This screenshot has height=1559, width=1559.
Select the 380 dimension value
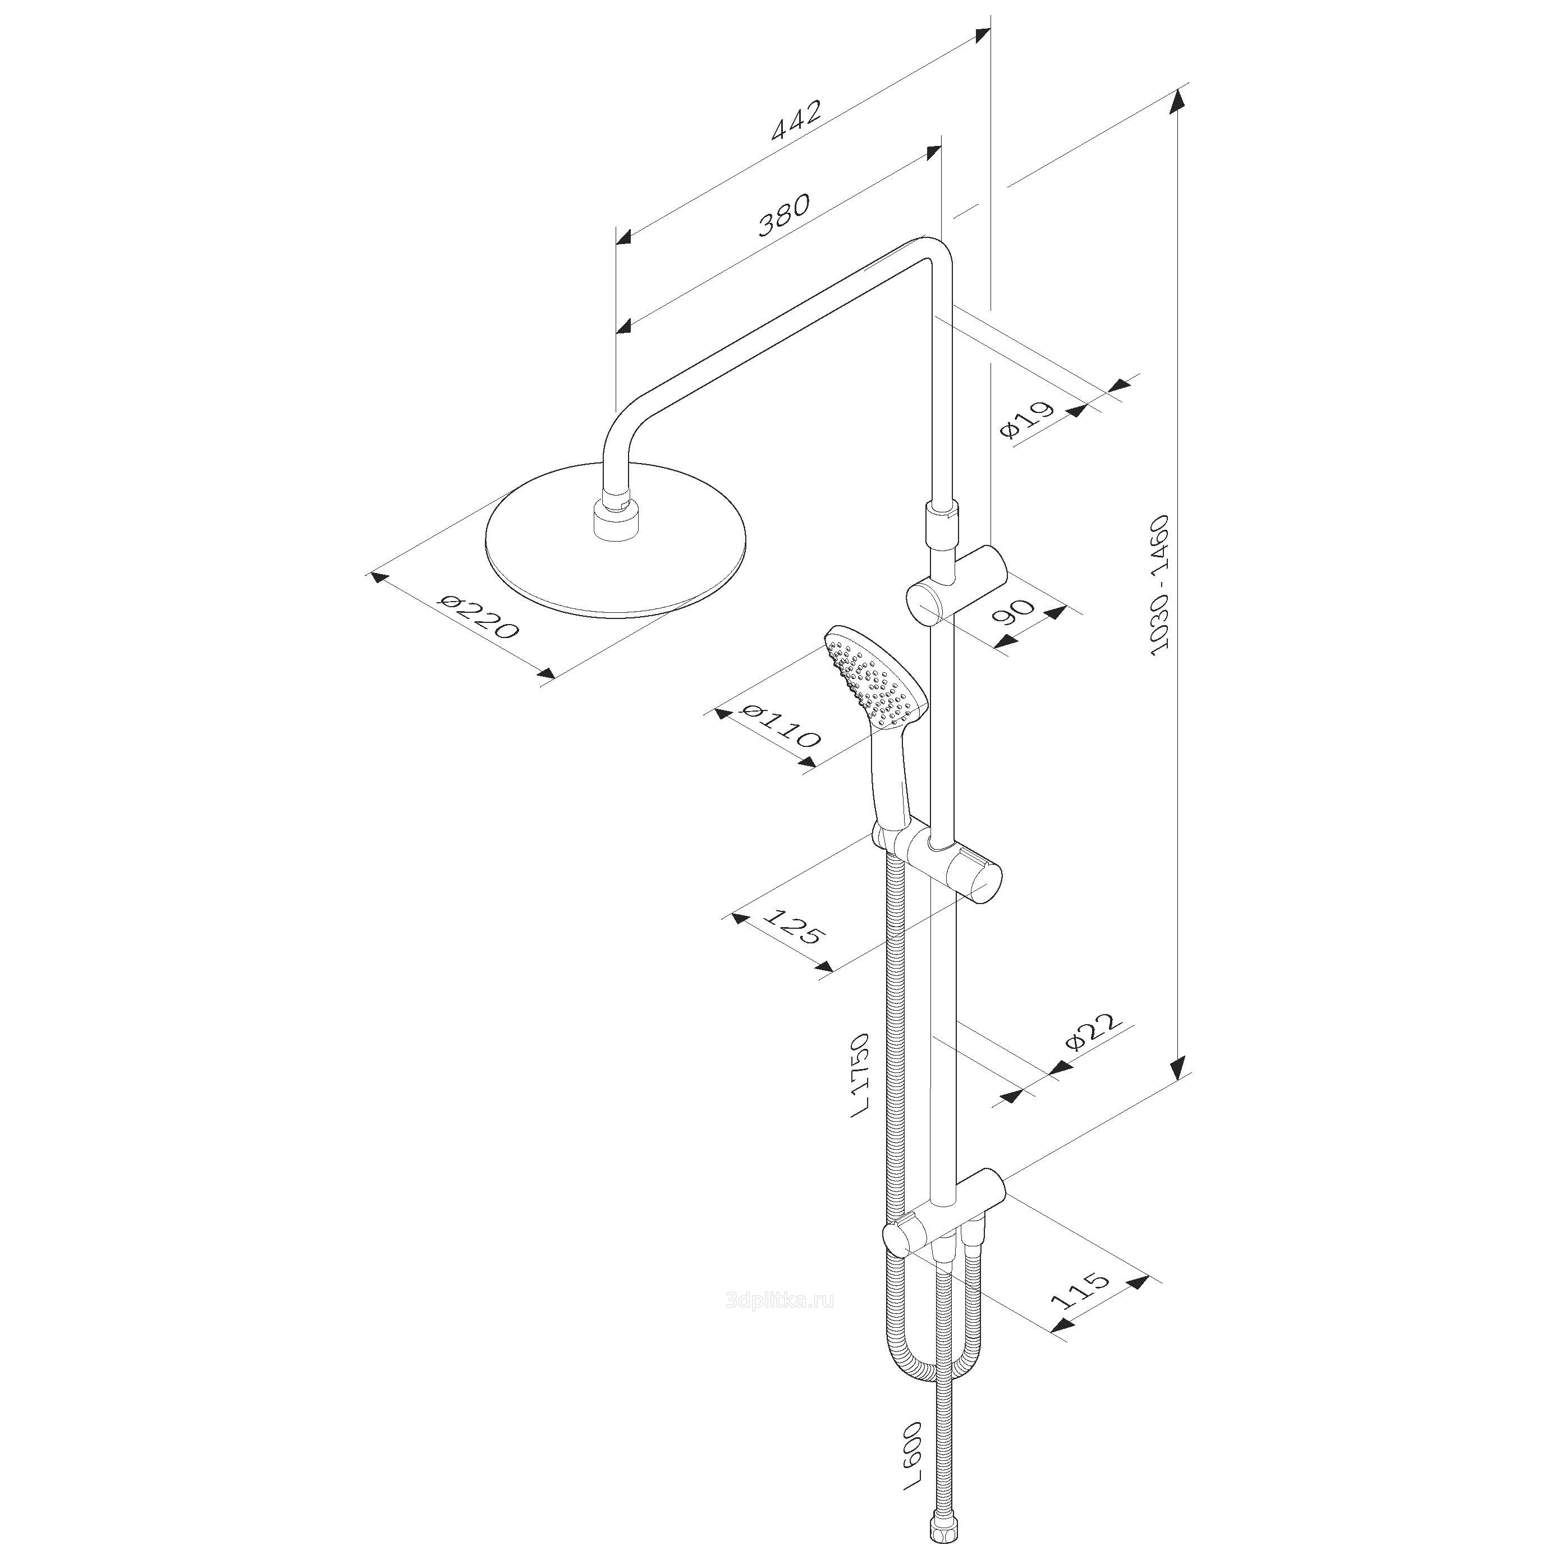pyautogui.click(x=783, y=214)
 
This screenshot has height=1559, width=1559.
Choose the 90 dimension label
pyautogui.click(x=1014, y=612)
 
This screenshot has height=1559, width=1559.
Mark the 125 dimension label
pyautogui.click(x=794, y=927)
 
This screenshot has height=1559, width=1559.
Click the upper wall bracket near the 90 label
pyautogui.click(x=957, y=586)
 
